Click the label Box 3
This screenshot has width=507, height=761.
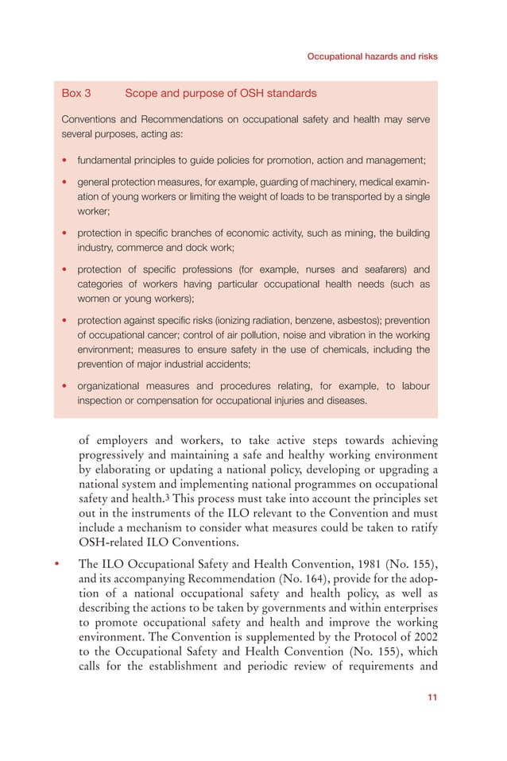point(76,93)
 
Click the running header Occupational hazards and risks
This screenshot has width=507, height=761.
point(372,57)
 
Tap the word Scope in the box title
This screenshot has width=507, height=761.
point(142,93)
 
